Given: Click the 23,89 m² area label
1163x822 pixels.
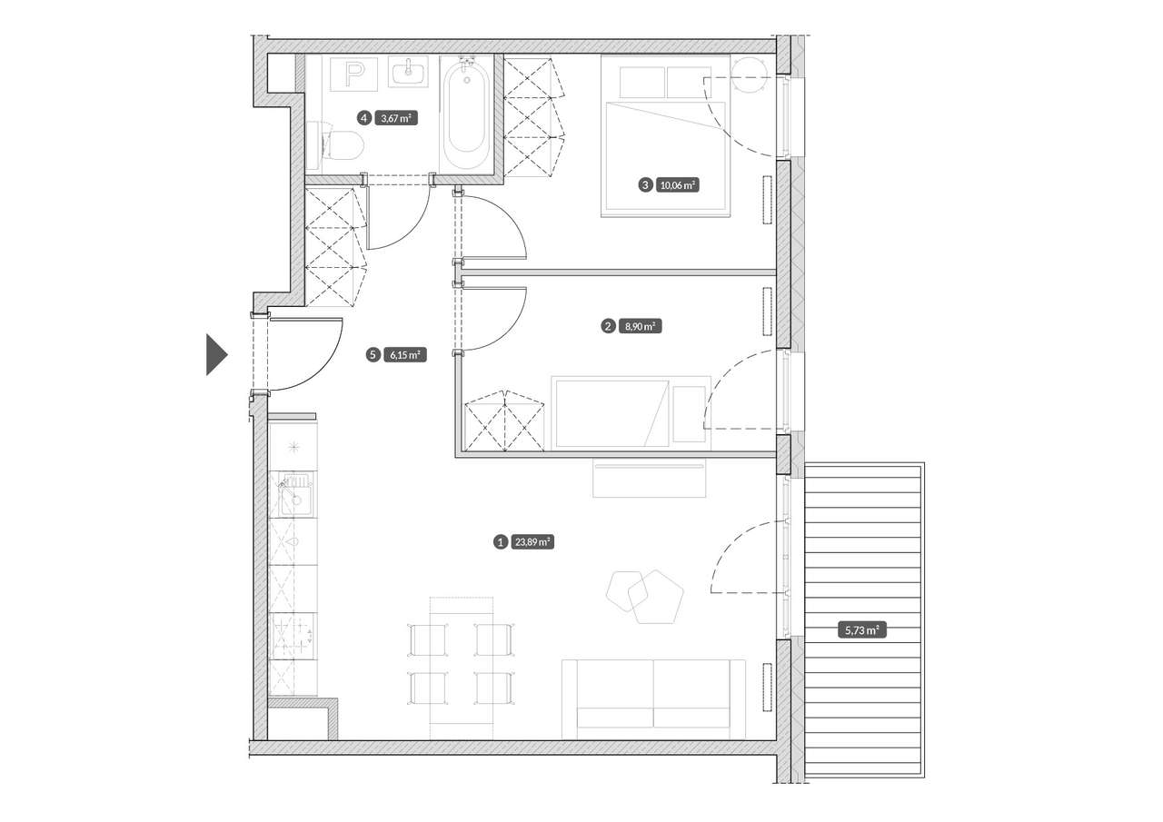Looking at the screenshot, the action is point(533,542).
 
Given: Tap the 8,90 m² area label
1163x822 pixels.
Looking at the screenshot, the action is point(641,326).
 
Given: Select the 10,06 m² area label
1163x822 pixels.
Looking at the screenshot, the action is point(678,184).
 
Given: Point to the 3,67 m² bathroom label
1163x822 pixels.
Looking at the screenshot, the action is point(396,118).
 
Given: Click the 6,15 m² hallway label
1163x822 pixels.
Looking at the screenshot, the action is point(405,355).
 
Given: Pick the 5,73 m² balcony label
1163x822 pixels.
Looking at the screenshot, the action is point(862,630).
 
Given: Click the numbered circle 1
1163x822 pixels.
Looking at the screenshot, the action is point(501,542).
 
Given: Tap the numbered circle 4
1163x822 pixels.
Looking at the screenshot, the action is point(364,118).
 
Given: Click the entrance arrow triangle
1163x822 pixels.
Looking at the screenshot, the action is point(217,354).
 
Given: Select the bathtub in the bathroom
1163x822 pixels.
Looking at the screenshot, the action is point(467,114).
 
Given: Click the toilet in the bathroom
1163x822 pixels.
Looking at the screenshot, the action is point(335,145).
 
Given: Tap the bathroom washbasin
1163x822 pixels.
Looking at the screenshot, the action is point(408,72).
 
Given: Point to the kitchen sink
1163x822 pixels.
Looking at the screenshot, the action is point(293,494).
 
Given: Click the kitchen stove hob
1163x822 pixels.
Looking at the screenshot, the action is point(293,636).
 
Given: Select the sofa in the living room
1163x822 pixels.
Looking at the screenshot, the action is point(653,699).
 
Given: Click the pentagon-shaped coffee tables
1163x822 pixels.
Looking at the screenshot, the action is point(645,598).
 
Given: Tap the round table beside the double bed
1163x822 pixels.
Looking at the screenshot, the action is point(749,74).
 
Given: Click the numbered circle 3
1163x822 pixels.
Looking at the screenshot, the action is point(645,184).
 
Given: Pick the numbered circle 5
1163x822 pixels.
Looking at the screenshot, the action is point(373,355).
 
